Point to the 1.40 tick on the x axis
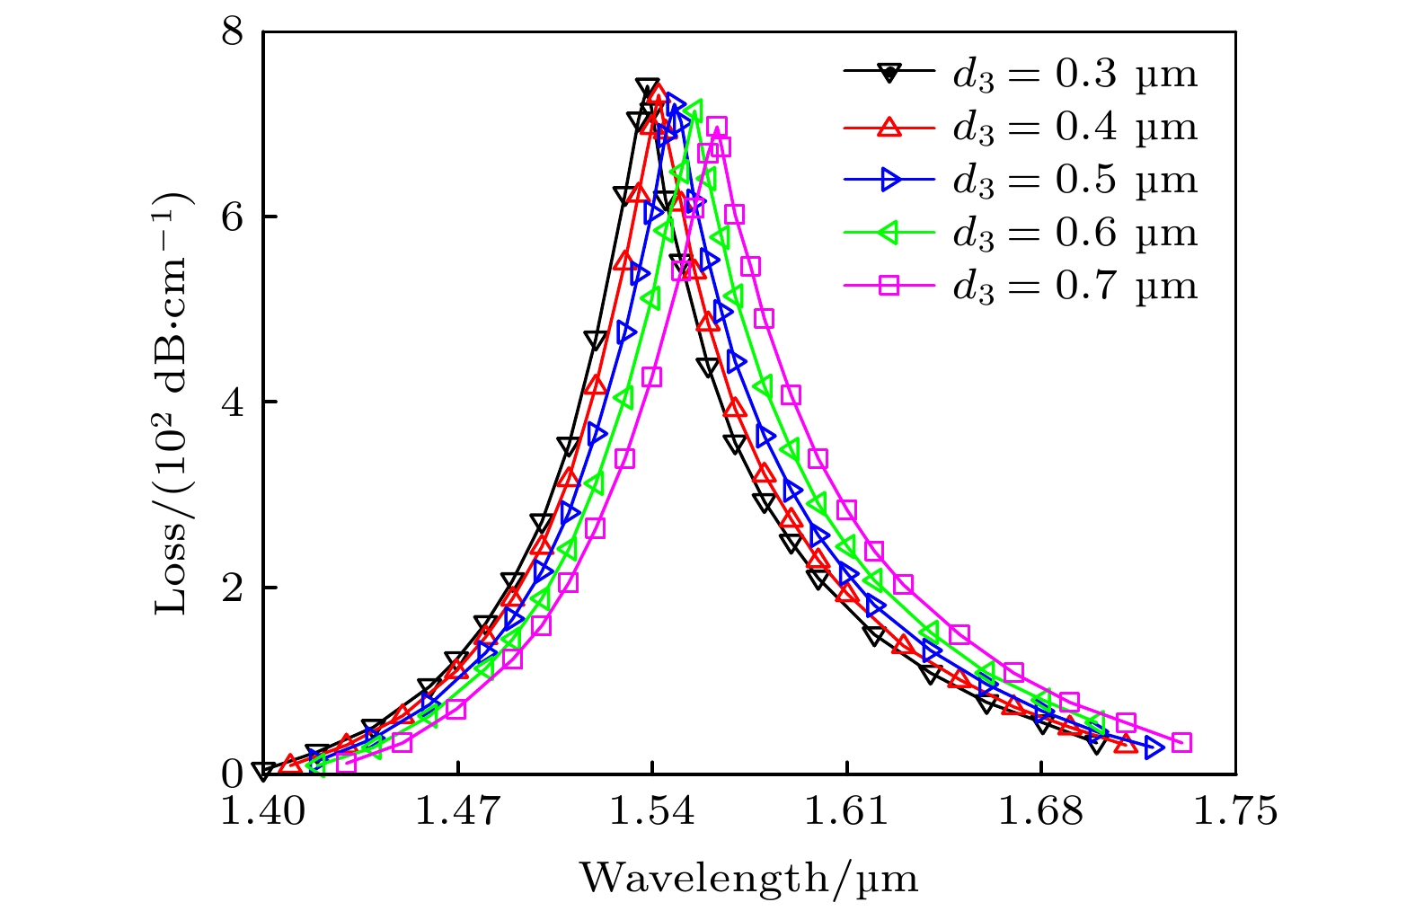263,812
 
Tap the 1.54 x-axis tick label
652,812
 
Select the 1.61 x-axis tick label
846,812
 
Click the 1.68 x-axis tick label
1040,812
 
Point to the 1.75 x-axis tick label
1235,812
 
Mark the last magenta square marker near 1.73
1181,742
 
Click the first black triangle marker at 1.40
263,771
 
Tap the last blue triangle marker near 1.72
1154,747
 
